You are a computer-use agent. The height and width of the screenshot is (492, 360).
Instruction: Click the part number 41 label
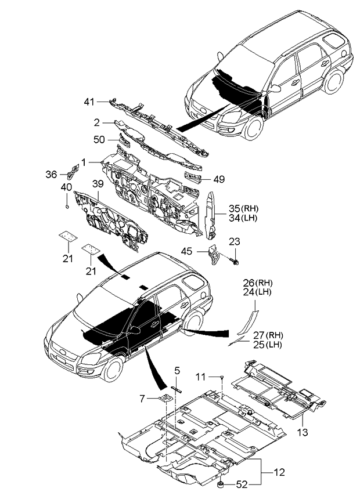[88, 102]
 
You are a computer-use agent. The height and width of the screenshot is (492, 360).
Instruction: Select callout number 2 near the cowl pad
[98, 122]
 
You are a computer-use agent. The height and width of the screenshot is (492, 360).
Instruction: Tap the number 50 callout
[100, 139]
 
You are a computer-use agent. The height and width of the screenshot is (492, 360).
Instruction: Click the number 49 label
[218, 180]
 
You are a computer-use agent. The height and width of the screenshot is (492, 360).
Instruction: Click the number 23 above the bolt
[233, 241]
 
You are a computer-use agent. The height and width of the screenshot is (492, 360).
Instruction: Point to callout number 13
[303, 432]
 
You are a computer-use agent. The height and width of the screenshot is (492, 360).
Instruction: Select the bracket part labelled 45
[214, 255]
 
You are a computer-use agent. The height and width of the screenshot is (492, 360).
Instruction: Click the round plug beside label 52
[221, 483]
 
